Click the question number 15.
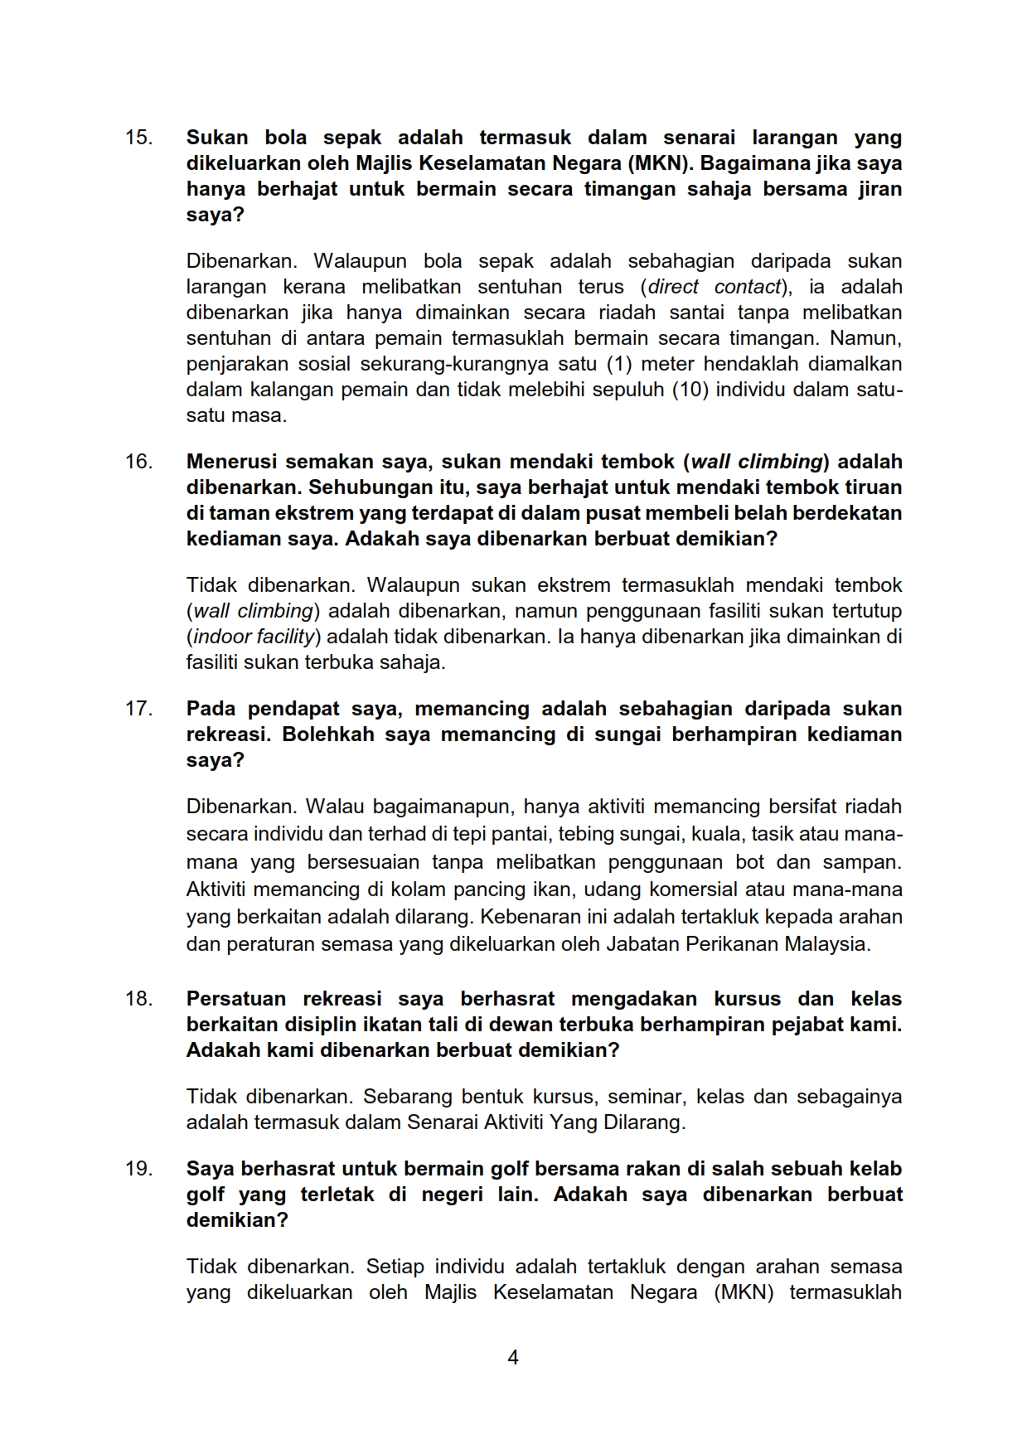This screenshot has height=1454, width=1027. click(x=138, y=138)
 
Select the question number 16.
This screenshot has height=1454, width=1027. click(x=138, y=462)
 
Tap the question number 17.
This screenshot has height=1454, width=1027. click(x=138, y=709)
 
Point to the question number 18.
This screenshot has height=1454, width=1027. click(x=138, y=999)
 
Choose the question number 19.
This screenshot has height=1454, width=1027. click(x=138, y=1169)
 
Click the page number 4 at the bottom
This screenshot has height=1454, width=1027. click(x=513, y=1358)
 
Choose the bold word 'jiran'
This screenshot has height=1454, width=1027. click(x=877, y=189)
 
